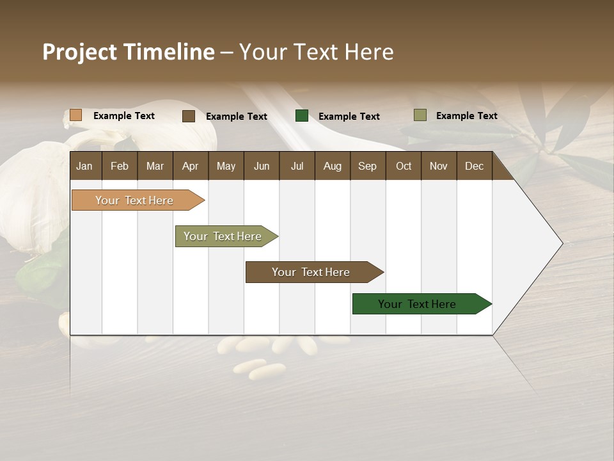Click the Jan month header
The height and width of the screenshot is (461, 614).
coord(84,166)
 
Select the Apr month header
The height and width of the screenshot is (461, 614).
coord(190,166)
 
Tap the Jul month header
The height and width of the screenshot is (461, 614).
coord(297,166)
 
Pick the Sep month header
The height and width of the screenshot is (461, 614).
coord(367,166)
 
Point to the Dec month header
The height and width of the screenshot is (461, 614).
coord(474,166)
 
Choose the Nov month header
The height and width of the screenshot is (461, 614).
coord(438,166)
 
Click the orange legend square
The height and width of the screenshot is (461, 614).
coord(76,115)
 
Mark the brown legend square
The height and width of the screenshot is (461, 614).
coord(189,116)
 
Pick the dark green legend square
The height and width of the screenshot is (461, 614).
coord(302,116)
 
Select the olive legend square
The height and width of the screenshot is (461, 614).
coord(420,115)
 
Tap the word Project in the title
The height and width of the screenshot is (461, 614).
coord(80,52)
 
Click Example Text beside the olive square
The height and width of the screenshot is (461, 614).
coord(466,116)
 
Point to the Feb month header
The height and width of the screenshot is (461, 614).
coord(120,166)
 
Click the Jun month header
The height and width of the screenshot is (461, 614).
coord(261,166)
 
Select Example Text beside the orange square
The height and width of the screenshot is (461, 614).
coord(124,116)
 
